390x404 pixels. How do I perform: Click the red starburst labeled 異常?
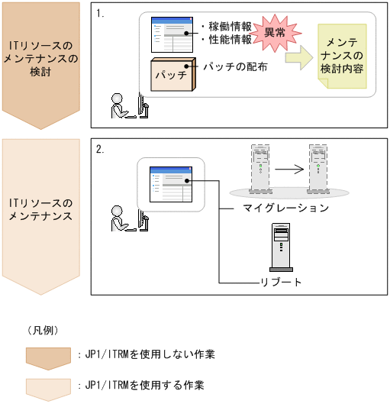pos(276,34)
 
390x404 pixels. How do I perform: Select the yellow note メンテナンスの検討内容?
pos(342,57)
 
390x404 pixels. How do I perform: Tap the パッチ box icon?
pos(173,75)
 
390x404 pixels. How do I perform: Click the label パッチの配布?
pos(235,67)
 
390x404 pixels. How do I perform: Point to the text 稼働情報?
pos(230,27)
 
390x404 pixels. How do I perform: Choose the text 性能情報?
pos(230,40)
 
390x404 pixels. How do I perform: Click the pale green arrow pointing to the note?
pos(299,58)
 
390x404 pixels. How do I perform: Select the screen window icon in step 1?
pos(172,35)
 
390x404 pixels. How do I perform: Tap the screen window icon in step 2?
pos(171,184)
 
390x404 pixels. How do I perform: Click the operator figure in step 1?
pos(130,106)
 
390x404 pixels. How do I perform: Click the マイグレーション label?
pos(285,208)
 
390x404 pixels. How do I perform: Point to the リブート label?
pos(281,282)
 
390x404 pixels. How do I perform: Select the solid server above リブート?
pos(281,247)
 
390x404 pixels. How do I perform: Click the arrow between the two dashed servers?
pos(289,170)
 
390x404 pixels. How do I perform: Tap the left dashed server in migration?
pos(260,169)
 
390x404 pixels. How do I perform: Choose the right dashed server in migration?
pos(318,169)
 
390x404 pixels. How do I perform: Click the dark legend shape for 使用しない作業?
pos(48,359)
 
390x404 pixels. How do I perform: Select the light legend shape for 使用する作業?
pos(48,389)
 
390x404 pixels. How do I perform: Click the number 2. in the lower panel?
pos(100,149)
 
